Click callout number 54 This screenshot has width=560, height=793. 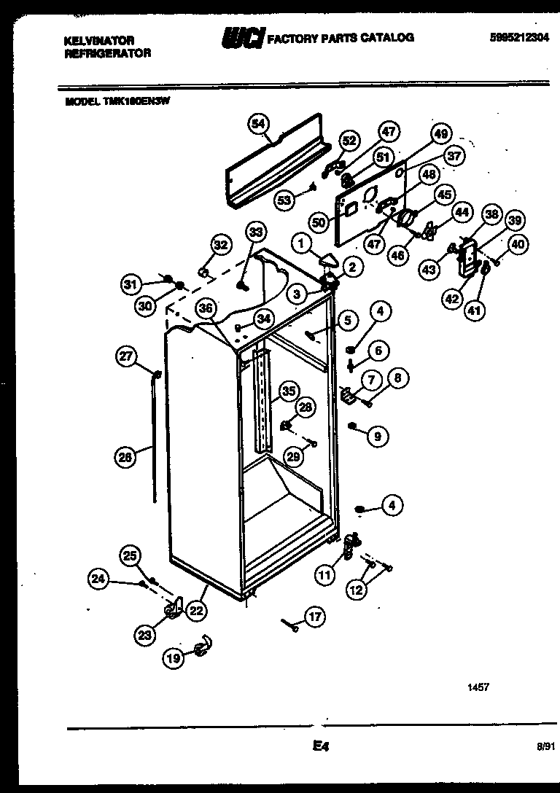(257, 123)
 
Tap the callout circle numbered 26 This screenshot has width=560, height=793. (125, 457)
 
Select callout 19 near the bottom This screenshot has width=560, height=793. (173, 658)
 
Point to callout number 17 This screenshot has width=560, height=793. (314, 617)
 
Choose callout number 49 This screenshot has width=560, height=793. (440, 133)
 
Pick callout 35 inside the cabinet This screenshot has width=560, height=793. (289, 391)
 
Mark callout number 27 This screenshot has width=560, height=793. (126, 356)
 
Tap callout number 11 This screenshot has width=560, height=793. (324, 574)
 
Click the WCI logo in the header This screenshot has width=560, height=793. (242, 39)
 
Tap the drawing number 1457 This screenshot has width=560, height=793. (478, 687)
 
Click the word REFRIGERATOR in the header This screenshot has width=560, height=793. (107, 53)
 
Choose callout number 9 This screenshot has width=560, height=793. (377, 437)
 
